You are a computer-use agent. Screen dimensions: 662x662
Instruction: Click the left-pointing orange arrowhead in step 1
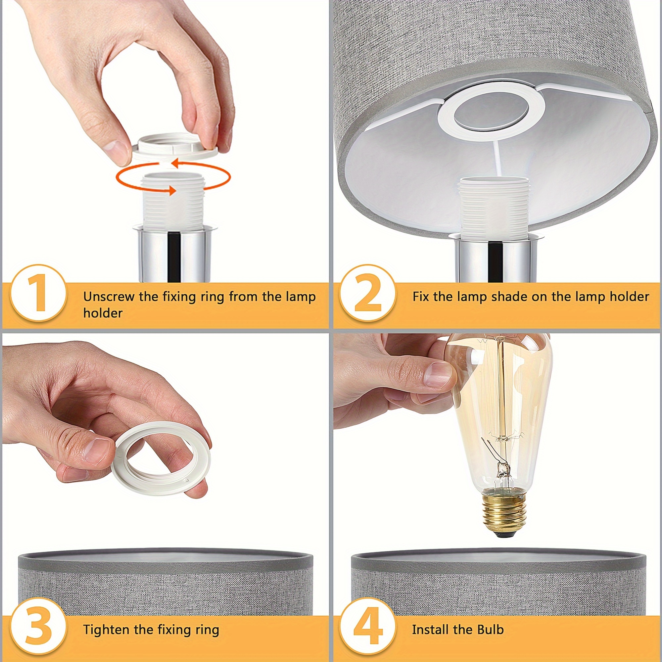[175, 163]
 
